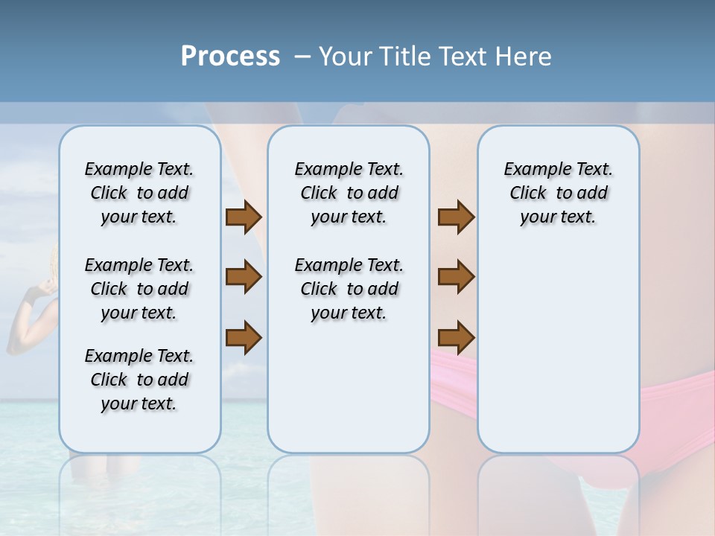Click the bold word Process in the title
click(x=230, y=57)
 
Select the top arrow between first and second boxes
click(x=244, y=217)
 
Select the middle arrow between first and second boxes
click(x=244, y=277)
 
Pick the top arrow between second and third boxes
click(x=456, y=217)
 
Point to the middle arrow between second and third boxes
click(x=456, y=277)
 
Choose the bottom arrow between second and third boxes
click(x=456, y=339)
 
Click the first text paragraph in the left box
click(x=139, y=194)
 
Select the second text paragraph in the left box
click(x=139, y=289)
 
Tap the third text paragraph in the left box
click(x=139, y=380)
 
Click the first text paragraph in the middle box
click(x=349, y=194)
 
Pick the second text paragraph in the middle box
click(x=349, y=289)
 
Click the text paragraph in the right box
click(x=559, y=194)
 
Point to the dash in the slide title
click(x=302, y=57)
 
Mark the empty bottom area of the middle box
click(x=349, y=395)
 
